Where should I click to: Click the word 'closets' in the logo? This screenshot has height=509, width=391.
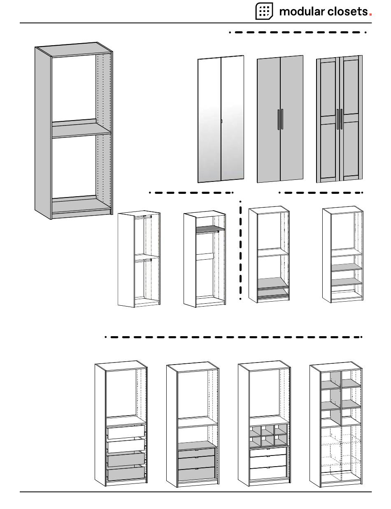coord(347,12)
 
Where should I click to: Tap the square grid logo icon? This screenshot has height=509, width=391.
coord(264,11)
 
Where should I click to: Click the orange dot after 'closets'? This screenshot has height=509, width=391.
coord(370,14)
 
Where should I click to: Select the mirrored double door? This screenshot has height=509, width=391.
coord(221,119)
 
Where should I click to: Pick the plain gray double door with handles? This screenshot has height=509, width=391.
coord(280,119)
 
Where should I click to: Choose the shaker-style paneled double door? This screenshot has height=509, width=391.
coord(340,119)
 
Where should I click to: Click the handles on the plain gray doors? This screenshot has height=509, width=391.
coord(280,119)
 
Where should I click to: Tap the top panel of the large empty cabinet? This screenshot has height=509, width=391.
coord(73,49)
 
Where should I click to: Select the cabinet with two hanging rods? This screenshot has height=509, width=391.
coord(139,259)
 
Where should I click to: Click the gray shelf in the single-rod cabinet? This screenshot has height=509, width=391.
coord(210,229)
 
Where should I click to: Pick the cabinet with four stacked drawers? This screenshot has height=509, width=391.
coord(121,424)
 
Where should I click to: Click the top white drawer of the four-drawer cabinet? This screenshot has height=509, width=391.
coord(126,432)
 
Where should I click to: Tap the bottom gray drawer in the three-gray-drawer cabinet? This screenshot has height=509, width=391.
coord(197,474)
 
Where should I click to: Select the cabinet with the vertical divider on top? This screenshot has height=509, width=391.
coord(336,424)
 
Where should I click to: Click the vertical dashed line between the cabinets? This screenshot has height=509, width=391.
coord(240,251)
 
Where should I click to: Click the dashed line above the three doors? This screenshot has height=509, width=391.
coord(298,32)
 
